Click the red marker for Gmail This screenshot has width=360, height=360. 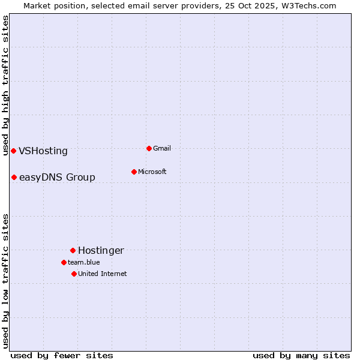click(x=149, y=148)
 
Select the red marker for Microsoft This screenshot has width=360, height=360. click(x=134, y=172)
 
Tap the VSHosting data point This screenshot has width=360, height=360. click(x=13, y=151)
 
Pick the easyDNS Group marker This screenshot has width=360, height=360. click(x=14, y=177)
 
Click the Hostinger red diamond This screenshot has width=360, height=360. click(x=73, y=250)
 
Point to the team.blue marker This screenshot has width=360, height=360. click(x=64, y=262)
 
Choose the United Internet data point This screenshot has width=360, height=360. click(x=74, y=274)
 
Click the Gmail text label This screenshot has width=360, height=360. click(x=162, y=148)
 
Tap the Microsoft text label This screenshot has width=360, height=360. click(x=152, y=172)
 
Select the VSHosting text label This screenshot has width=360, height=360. click(x=43, y=151)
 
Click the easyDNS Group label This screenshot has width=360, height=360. click(x=57, y=178)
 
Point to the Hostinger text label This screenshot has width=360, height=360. click(x=101, y=251)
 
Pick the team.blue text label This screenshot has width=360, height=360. click(x=84, y=262)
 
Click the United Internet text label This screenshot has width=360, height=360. click(x=103, y=274)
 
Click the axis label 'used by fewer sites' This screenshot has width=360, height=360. click(x=62, y=355)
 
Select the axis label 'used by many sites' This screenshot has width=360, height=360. click(x=301, y=355)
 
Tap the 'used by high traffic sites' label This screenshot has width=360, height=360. click(x=5, y=85)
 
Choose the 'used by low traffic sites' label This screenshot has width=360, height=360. click(x=5, y=281)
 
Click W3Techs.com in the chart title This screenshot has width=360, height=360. click(x=311, y=5)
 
